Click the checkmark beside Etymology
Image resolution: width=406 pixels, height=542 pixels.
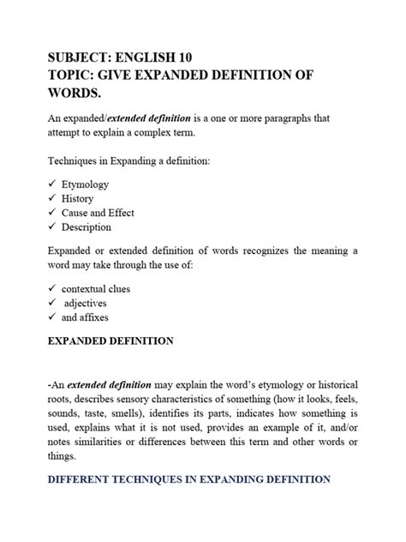[x=53, y=184]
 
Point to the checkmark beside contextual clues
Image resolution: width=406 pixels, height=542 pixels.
[x=53, y=289]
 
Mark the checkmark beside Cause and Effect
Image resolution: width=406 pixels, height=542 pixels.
[x=53, y=213]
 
